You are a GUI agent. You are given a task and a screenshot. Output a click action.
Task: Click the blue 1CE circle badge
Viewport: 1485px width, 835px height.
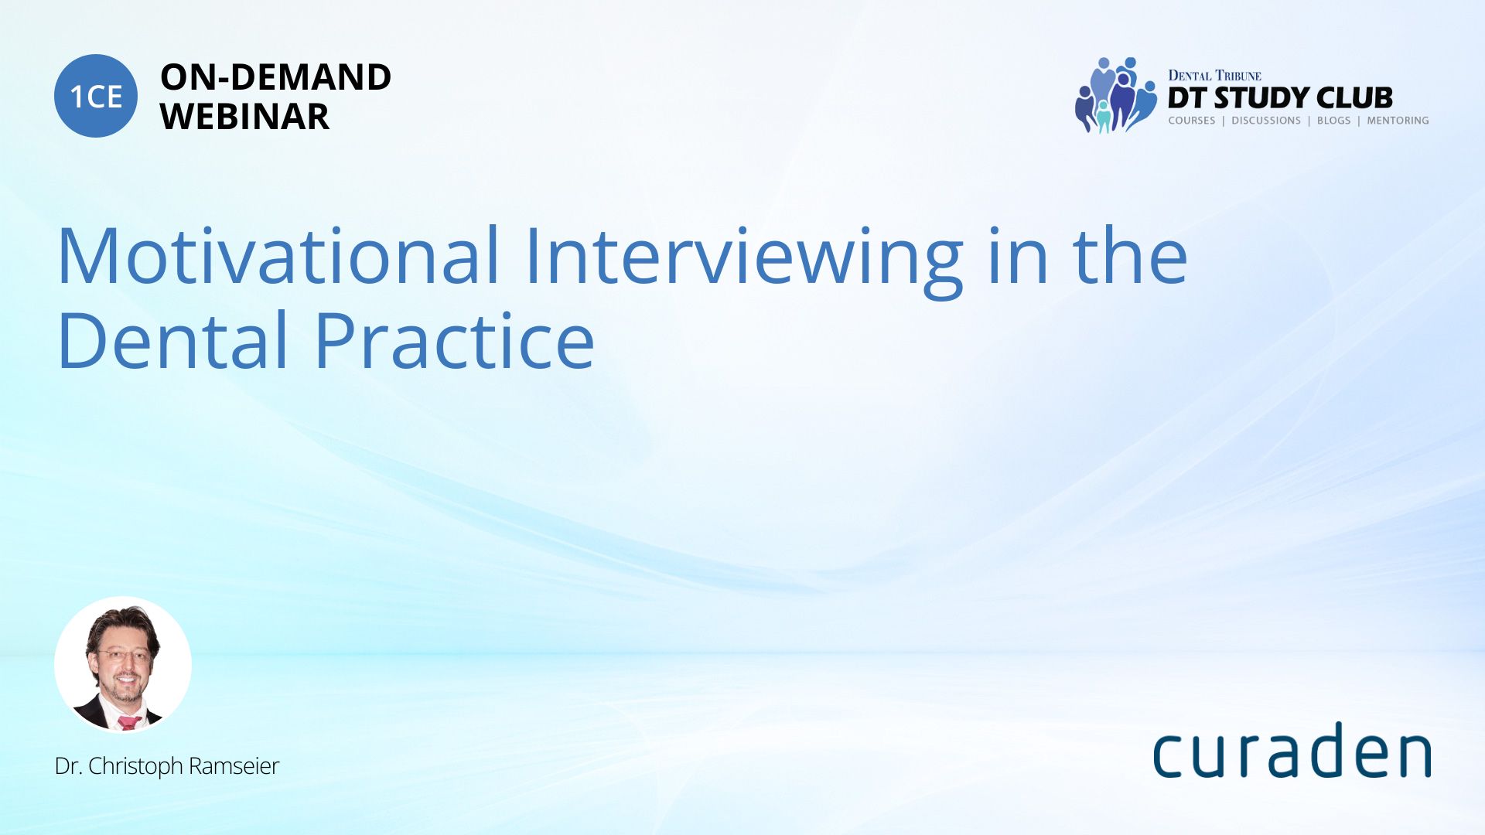[96, 96]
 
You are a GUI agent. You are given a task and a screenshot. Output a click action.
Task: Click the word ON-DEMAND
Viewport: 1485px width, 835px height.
[275, 77]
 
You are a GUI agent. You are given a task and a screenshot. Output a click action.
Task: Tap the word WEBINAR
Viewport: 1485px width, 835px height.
[244, 117]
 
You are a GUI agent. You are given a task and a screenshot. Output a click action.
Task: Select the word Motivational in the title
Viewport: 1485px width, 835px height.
[278, 255]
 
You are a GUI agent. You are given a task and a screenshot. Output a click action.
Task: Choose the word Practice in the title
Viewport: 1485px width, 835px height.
[455, 340]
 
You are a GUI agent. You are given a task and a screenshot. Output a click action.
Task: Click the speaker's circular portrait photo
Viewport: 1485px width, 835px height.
[123, 665]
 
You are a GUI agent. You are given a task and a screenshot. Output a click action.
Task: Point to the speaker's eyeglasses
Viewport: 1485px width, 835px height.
[122, 656]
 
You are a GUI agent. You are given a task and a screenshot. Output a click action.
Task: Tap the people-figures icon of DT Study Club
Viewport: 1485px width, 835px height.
[1115, 95]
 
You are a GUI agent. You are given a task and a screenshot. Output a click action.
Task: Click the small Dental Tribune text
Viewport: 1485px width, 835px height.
[1214, 76]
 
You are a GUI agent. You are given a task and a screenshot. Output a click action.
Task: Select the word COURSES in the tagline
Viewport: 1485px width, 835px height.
[1192, 121]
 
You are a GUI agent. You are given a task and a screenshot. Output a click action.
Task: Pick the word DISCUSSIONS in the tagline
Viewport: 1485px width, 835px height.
[1266, 121]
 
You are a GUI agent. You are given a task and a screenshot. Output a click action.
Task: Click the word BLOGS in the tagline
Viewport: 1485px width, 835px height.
[1333, 121]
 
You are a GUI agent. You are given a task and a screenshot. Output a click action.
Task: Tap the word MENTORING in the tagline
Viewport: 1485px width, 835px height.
[1398, 121]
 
